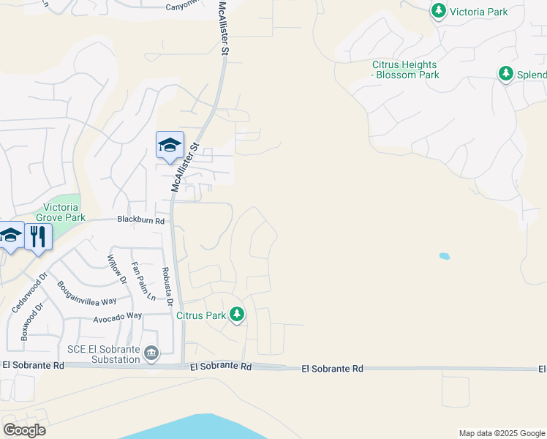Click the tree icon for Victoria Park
(438, 11)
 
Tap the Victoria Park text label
(478, 11)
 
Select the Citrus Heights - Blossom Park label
(405, 70)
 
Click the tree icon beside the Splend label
(505, 74)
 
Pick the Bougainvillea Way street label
(87, 293)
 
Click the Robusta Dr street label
(167, 286)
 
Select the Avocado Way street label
(117, 317)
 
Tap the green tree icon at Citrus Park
(237, 315)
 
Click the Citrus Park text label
(200, 315)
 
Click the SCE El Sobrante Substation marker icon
(151, 353)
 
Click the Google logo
(25, 429)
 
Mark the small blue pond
(444, 256)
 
